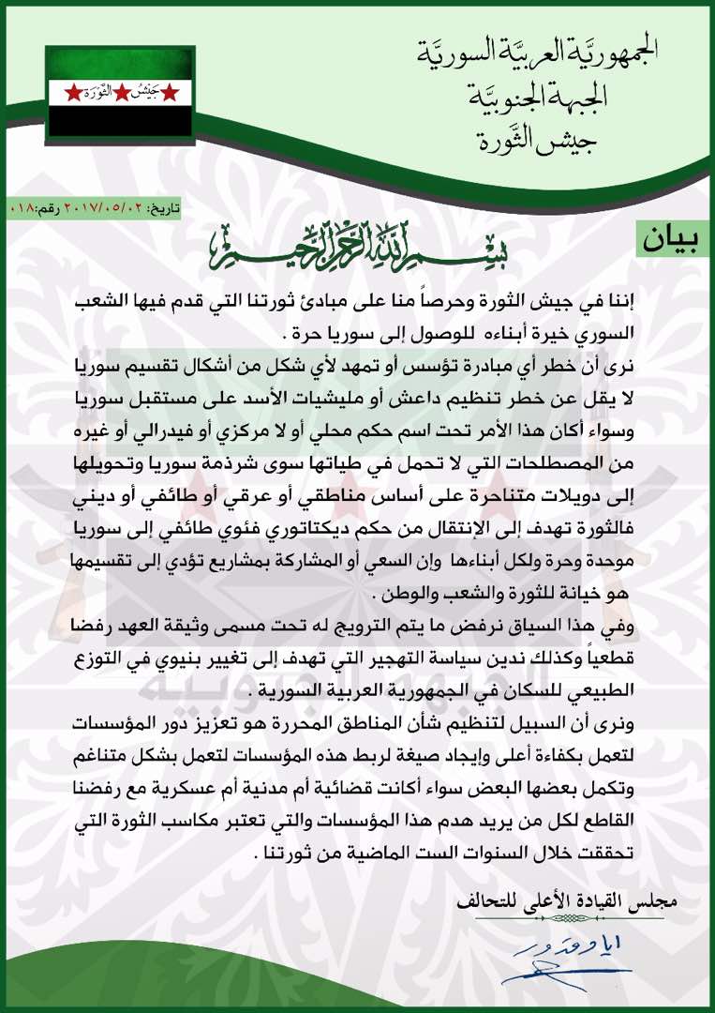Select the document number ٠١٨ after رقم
pos(20,204)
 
